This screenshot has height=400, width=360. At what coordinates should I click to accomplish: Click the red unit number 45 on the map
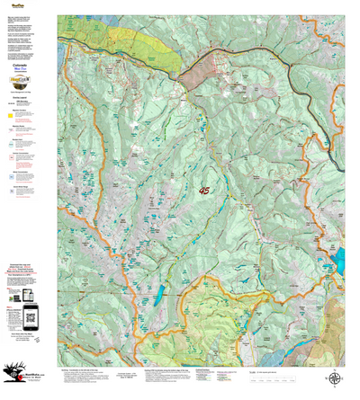(205, 191)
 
